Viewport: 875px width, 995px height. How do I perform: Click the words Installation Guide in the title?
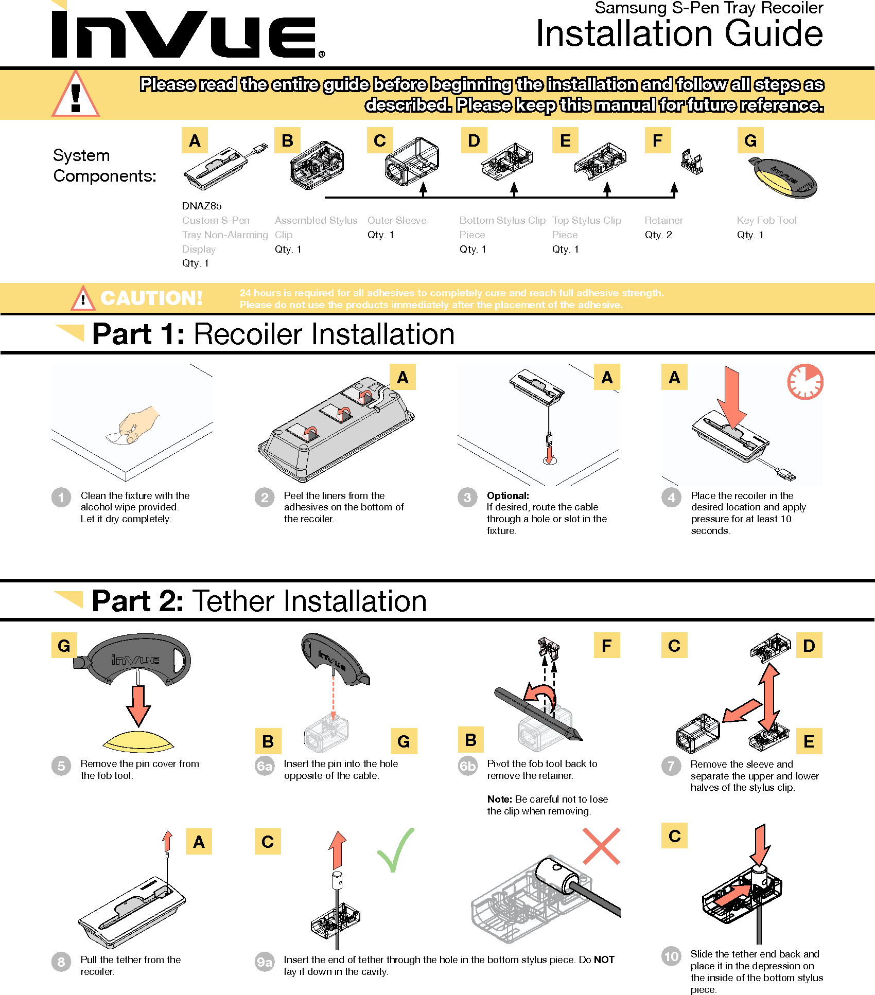click(x=679, y=34)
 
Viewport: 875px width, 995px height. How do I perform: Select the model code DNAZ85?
click(x=202, y=206)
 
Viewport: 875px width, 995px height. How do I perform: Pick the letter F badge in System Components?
click(x=658, y=140)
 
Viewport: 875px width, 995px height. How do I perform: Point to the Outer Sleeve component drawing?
click(x=412, y=161)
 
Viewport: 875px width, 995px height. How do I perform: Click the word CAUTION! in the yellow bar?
click(x=151, y=298)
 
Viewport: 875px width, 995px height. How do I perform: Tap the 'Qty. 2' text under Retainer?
click(x=658, y=235)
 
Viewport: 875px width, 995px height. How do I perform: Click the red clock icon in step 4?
click(x=805, y=382)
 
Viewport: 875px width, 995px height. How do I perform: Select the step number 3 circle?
click(x=467, y=497)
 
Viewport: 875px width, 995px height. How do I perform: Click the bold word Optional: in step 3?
click(x=507, y=495)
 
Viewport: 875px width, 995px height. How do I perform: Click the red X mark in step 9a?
click(x=601, y=846)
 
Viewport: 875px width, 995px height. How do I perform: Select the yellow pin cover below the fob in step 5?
click(x=138, y=741)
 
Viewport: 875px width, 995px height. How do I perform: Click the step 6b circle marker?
click(x=468, y=766)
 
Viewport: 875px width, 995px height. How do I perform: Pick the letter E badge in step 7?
click(x=809, y=741)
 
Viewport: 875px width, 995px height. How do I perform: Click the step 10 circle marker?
click(x=671, y=956)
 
